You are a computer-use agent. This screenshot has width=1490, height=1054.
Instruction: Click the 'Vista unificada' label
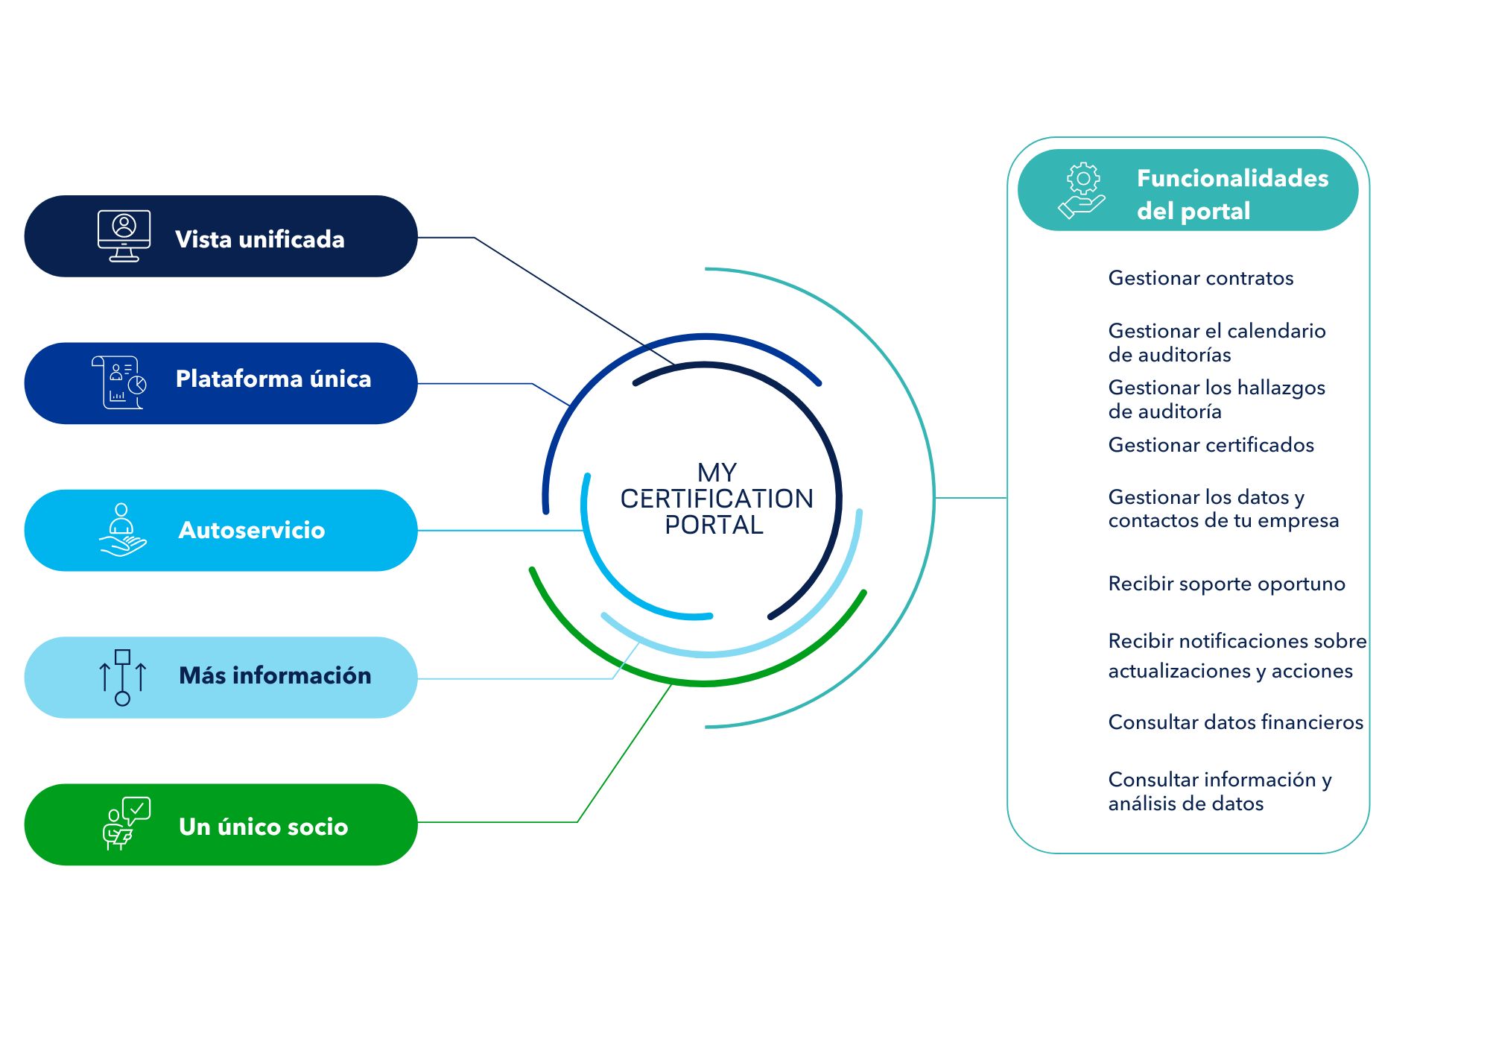click(260, 239)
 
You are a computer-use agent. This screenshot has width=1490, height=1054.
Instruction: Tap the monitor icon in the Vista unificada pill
click(124, 236)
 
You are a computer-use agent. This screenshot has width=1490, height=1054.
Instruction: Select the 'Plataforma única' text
click(273, 379)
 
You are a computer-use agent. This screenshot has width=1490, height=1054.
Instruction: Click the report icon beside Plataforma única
click(119, 382)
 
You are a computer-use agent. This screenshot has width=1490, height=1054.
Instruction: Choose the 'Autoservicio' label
click(252, 530)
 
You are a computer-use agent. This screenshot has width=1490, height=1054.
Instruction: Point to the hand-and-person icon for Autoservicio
click(123, 530)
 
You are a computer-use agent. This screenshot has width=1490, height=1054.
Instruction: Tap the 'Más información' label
click(275, 675)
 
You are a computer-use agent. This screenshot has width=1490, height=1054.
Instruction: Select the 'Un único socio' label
click(264, 827)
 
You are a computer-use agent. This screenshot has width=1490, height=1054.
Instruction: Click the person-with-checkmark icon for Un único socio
click(127, 824)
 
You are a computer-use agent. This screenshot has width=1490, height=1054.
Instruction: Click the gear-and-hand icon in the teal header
click(1082, 191)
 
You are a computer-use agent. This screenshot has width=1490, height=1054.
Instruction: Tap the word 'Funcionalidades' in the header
click(1233, 178)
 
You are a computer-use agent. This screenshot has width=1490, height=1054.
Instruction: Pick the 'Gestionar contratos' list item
click(1201, 278)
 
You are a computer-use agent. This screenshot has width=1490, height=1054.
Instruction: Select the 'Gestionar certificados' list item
click(1211, 445)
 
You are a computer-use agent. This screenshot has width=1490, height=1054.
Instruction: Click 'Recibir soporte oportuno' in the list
click(1227, 584)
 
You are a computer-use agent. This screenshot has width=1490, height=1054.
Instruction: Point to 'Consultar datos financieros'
click(1236, 722)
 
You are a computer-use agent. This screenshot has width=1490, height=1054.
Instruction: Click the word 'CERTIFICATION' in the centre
click(717, 499)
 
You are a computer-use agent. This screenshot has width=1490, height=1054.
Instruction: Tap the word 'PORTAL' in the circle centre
click(714, 525)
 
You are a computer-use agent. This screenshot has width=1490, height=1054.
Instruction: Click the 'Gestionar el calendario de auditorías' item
click(1217, 342)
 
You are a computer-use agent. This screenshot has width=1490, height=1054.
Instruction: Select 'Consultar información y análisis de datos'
click(1220, 792)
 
